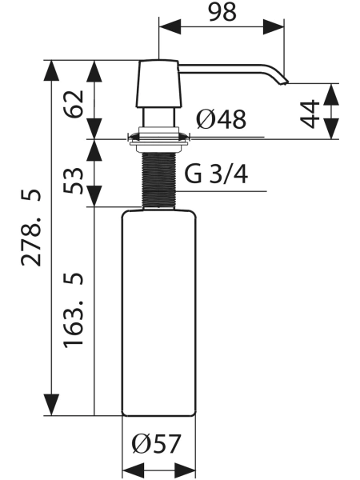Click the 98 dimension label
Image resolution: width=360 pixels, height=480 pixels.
tap(222, 12)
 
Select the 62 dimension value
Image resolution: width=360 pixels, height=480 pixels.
tap(73, 104)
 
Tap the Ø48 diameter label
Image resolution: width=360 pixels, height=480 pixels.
tap(221, 119)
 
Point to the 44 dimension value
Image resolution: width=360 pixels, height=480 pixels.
tap(310, 114)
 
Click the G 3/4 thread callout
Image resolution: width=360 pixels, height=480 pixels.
tap(216, 174)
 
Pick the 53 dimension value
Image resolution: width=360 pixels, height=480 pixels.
tap(73, 180)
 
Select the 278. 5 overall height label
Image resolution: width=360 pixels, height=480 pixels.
tap(30, 227)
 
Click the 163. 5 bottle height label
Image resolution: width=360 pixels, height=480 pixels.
tap(73, 309)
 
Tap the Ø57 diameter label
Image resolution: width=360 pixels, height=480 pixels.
tap(157, 444)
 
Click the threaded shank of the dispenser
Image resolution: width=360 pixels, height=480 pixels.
tap(159, 181)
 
